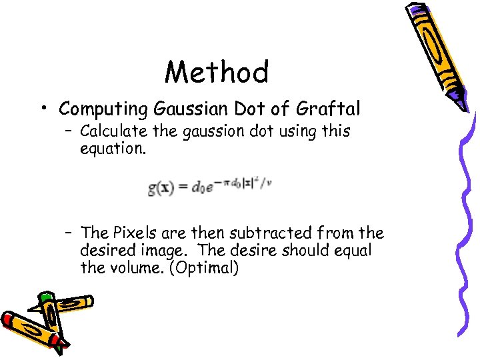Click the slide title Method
pyautogui.click(x=217, y=72)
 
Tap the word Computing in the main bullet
pyautogui.click(x=103, y=108)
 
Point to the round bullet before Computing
pyautogui.click(x=43, y=108)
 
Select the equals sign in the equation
pyautogui.click(x=183, y=189)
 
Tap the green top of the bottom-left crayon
pyautogui.click(x=46, y=299)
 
